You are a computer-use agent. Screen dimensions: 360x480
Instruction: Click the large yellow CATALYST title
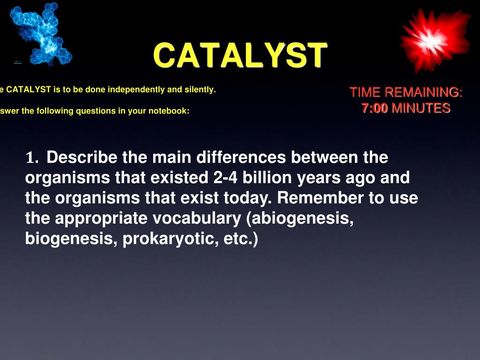pos(240,55)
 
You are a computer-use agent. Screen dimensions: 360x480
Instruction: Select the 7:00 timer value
pos(375,108)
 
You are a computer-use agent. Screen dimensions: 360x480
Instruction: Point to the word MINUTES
pos(421,108)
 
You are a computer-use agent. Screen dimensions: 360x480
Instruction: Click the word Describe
pos(82,157)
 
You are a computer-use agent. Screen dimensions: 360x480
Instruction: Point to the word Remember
pos(320,198)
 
